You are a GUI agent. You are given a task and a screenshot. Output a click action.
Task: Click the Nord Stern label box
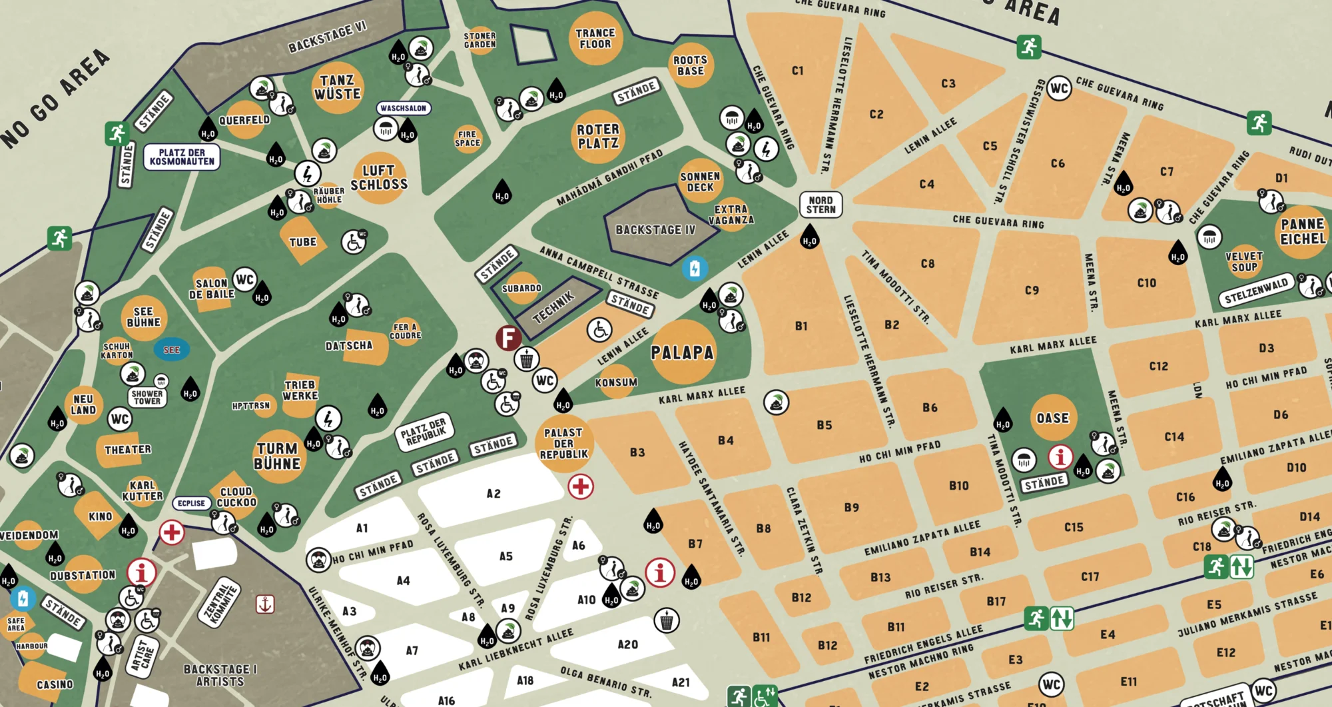click(821, 205)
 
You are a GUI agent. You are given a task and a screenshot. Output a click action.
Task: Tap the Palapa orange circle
click(682, 352)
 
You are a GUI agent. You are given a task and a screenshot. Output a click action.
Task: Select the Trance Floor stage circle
click(595, 39)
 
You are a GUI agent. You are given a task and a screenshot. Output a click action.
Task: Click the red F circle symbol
click(508, 338)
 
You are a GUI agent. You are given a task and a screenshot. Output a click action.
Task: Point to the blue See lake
click(172, 349)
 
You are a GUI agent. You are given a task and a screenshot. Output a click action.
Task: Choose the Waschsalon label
click(404, 108)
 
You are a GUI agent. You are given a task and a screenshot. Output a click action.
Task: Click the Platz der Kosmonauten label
click(182, 157)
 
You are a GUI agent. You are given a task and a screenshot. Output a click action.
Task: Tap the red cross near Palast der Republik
click(580, 487)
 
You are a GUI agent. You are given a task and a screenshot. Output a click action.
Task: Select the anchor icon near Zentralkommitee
click(265, 604)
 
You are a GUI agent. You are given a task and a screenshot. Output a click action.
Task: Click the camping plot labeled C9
click(1031, 290)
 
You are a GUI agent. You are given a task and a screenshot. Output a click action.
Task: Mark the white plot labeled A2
click(493, 494)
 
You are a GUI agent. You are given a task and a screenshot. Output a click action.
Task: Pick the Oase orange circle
click(1052, 418)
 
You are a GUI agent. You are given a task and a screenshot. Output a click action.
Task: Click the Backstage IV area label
click(655, 230)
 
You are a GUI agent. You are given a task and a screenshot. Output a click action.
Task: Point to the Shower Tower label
click(147, 397)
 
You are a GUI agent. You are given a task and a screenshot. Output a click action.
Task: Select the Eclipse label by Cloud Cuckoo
click(192, 503)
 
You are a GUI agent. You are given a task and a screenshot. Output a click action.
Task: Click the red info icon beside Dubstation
click(141, 572)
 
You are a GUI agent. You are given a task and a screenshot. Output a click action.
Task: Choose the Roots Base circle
click(691, 65)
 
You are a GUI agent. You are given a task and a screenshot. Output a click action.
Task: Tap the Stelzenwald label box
click(1256, 292)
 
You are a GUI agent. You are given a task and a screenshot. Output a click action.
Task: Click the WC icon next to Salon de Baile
click(245, 280)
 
